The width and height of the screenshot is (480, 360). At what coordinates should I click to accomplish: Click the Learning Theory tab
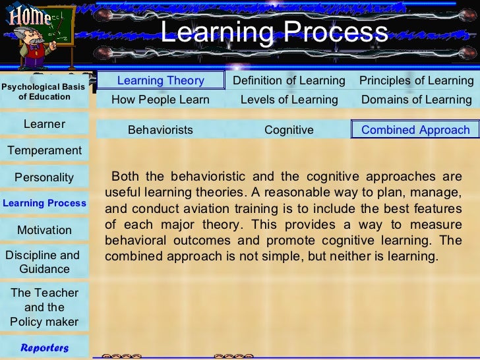pos(161,80)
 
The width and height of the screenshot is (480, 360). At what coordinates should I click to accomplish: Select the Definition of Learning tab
pos(289,80)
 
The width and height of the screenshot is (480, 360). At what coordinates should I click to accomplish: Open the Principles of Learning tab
pos(416,80)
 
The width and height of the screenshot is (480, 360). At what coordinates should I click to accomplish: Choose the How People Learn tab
pos(160,100)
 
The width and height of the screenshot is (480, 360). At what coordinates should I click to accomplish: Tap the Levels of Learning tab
pos(289,100)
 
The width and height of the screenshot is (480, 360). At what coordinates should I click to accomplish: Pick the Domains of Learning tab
pos(416,100)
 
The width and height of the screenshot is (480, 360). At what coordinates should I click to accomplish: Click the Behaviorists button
pos(160,130)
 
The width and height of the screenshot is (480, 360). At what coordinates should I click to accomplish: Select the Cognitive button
pos(289,130)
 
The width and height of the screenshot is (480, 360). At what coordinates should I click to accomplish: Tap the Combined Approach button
pos(415,130)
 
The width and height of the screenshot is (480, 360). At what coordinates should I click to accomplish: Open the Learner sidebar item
pos(44,124)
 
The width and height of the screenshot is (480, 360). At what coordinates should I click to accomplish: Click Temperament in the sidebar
pos(44,150)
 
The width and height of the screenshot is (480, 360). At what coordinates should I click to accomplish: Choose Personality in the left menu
pos(44,177)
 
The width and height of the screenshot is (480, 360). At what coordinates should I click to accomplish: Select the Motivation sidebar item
pos(44,230)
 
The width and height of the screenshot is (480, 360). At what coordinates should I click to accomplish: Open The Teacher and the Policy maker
pos(44,307)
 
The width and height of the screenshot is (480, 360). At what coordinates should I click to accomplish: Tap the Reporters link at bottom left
pos(44,347)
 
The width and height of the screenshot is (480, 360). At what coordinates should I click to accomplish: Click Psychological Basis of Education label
pos(44,92)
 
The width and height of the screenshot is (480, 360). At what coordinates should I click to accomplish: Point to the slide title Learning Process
pos(274,32)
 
